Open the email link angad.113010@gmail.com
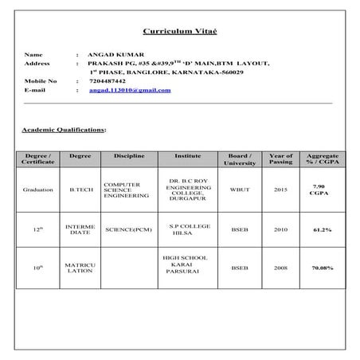point(130,91)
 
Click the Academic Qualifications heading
point(63,129)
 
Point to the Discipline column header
point(129,155)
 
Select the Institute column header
point(187,155)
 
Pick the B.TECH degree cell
point(82,190)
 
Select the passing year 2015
point(281,190)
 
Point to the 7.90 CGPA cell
point(323,190)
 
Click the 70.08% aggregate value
point(323,268)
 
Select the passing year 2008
point(281,268)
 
